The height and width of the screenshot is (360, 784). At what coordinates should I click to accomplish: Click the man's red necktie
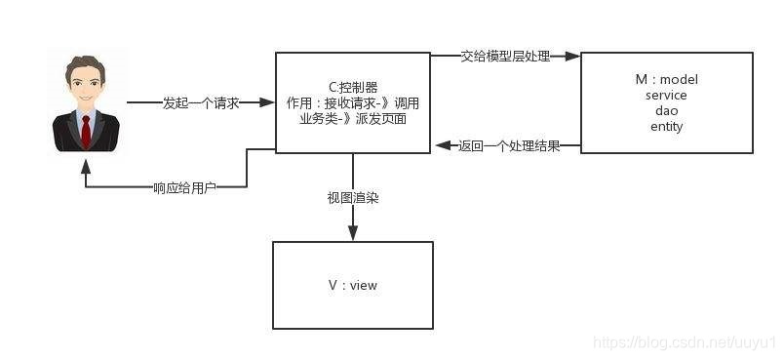86,130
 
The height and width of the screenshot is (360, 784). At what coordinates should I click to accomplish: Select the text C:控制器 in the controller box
353,88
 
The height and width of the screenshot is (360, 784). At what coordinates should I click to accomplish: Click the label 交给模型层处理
506,57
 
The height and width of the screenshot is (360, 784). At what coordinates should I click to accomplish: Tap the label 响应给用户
184,186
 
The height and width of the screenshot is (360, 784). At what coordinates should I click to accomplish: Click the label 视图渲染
353,197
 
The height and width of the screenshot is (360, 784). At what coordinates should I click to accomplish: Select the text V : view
353,285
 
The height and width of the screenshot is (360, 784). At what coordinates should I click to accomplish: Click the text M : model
666,79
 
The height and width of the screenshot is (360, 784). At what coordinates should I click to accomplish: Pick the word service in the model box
666,95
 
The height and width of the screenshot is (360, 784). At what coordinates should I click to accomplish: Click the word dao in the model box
666,110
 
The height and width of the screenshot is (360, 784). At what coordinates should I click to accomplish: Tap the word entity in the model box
666,126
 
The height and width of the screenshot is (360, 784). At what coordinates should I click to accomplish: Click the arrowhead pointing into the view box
353,234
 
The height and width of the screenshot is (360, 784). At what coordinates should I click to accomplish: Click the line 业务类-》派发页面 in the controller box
353,119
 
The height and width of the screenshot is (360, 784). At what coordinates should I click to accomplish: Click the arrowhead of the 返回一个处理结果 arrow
440,146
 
